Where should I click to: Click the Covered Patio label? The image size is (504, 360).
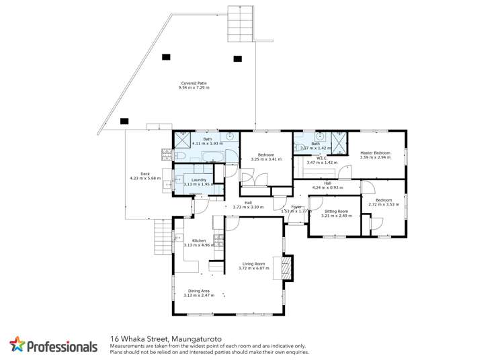click(194, 83)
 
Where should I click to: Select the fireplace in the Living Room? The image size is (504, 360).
click(288, 268)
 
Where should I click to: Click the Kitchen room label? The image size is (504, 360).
click(199, 240)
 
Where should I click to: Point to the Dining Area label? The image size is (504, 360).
click(199, 291)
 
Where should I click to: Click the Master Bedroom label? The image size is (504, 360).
click(375, 153)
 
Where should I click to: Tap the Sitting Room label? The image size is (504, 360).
click(336, 211)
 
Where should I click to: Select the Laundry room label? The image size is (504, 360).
click(198, 180)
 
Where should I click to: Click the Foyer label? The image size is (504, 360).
click(296, 207)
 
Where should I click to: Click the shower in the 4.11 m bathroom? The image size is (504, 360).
click(182, 140)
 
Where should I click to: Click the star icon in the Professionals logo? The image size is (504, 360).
click(17, 345)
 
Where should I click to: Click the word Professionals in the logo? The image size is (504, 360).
click(62, 347)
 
